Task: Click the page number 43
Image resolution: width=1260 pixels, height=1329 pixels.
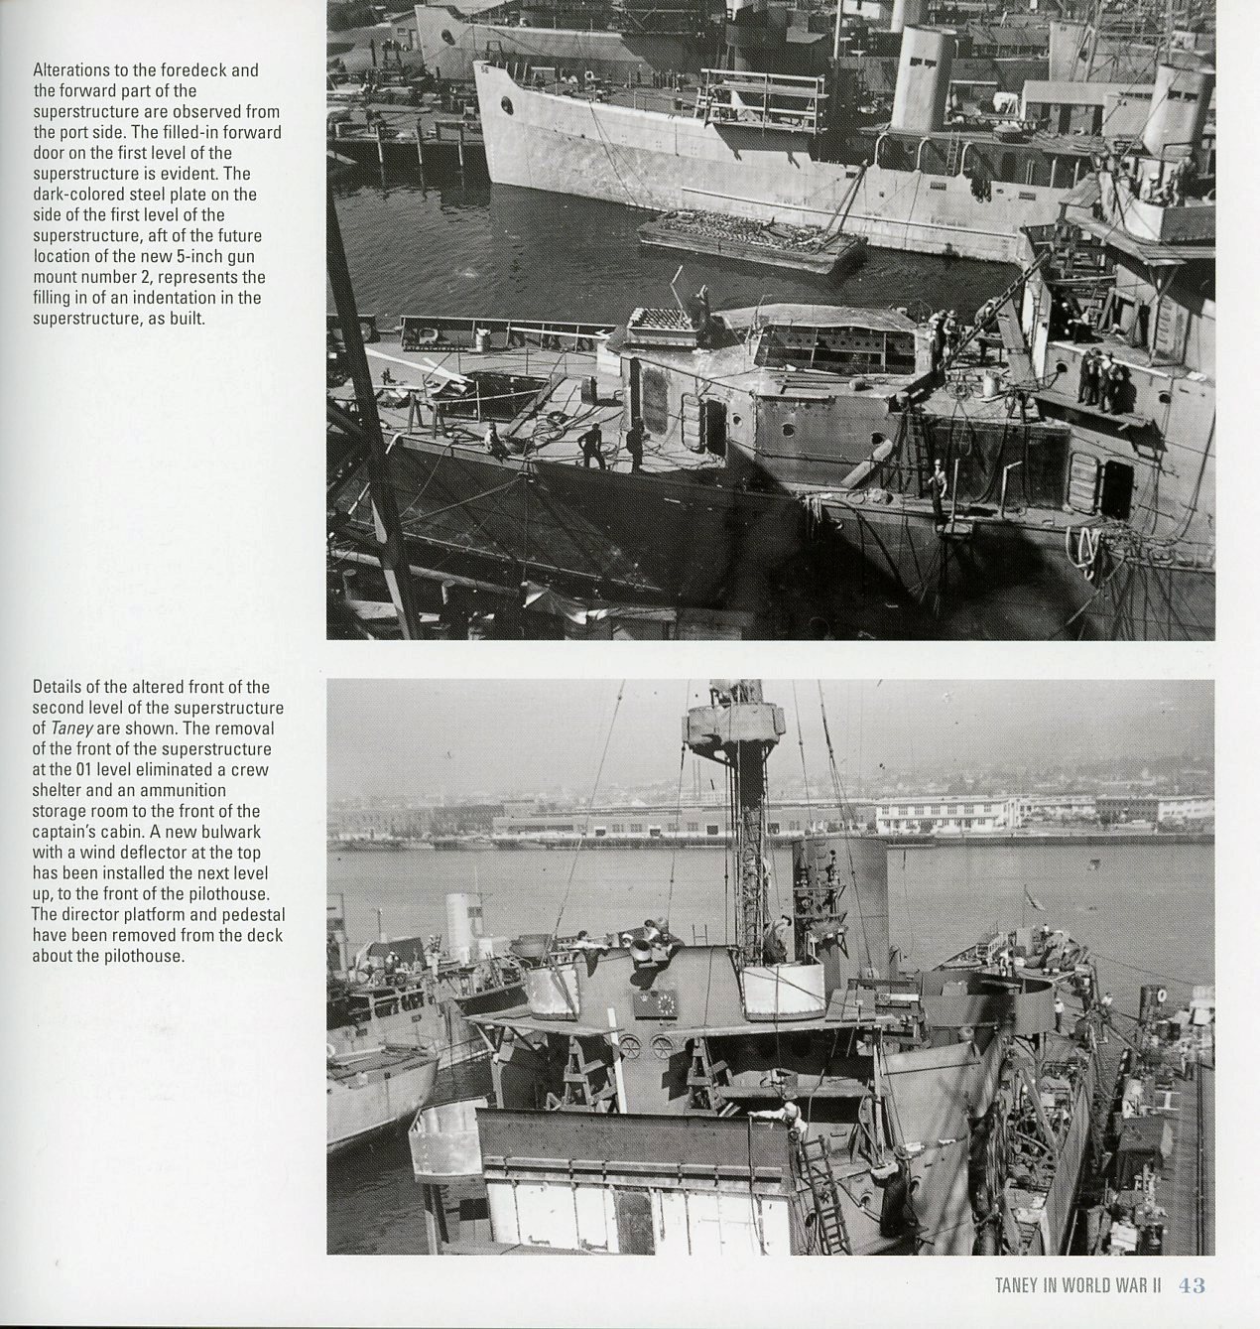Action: (1192, 1285)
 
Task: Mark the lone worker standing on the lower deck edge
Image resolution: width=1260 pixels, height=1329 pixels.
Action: (938, 486)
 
